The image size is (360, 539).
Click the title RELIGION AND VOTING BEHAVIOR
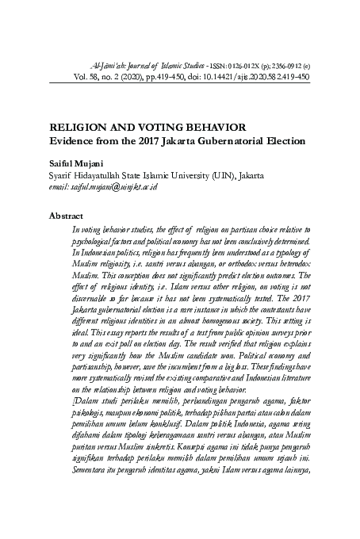(147, 128)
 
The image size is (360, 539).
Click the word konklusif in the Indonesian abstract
(174, 448)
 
